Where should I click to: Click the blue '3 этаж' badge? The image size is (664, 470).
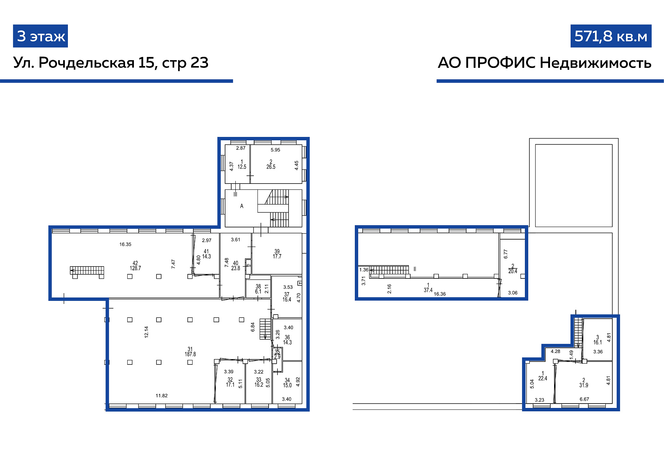pos(41,36)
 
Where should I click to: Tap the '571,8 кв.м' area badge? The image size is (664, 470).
pos(611,36)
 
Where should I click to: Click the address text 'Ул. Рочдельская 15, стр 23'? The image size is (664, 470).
pos(111,63)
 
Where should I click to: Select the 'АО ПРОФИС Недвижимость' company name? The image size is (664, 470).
pos(544,63)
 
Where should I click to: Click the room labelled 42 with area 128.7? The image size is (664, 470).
pos(135,266)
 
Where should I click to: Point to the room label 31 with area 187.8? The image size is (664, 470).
pos(190,351)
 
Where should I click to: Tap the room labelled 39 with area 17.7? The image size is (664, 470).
pos(277,254)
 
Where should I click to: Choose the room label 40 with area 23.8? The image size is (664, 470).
pos(236,266)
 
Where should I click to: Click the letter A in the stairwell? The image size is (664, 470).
pos(242,206)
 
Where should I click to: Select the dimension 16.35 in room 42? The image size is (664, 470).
pos(125,244)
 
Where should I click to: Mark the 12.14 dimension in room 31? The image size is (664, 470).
pos(146,332)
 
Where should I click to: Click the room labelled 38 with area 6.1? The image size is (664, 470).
pos(258,289)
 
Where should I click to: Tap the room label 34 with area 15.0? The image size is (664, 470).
pos(287,382)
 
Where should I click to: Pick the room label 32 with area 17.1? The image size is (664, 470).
pos(230,382)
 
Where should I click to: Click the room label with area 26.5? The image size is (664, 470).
pos(271,164)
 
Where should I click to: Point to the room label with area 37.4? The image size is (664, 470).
pos(428,288)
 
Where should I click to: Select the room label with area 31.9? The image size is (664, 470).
pos(584,382)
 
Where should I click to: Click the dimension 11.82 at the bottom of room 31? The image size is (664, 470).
pos(162,396)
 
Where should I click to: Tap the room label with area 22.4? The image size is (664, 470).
pos(543,376)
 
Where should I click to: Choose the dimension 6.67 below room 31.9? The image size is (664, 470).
pos(584,399)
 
